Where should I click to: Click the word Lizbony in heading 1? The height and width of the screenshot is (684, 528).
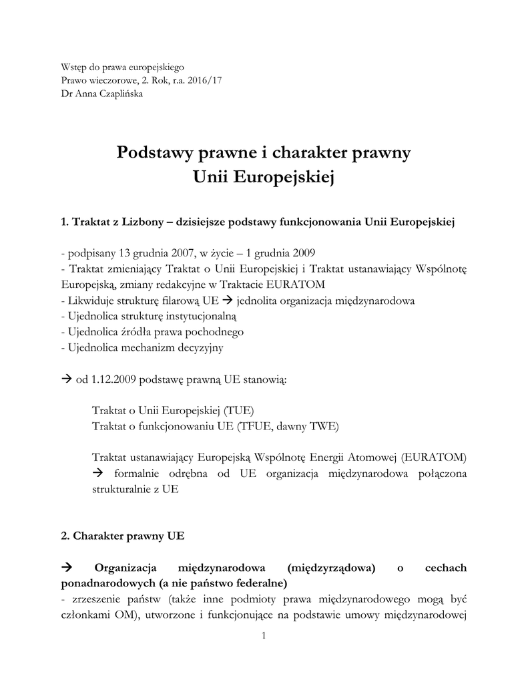138,222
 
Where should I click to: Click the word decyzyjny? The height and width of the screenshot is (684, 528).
200,347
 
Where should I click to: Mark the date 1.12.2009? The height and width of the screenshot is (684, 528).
101,379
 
